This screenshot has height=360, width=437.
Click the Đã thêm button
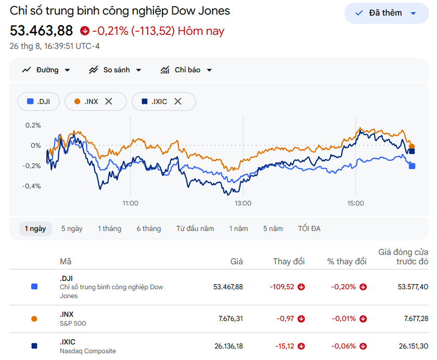tap(387, 13)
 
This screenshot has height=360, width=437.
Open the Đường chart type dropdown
tap(46, 70)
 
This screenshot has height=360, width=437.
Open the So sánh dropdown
tap(115, 70)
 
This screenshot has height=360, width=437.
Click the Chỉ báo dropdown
tap(186, 70)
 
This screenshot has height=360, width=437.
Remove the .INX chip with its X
tap(109, 101)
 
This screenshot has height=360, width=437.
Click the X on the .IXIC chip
tap(178, 101)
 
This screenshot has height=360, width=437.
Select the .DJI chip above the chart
tap(38, 101)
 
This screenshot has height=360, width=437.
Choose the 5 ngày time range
tap(72, 229)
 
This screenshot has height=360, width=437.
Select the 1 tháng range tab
tap(110, 229)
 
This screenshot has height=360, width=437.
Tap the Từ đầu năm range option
tap(195, 229)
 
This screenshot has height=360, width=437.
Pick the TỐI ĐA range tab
tap(309, 229)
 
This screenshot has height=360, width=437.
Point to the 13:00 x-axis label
tap(243, 203)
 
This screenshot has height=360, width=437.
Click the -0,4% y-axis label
tap(32, 186)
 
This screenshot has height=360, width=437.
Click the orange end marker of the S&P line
tap(412, 147)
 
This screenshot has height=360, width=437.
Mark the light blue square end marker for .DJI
tap(412, 166)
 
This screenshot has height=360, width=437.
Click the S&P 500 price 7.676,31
tap(231, 318)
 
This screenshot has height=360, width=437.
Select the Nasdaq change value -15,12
tap(285, 346)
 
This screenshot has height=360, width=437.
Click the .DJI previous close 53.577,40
tap(413, 287)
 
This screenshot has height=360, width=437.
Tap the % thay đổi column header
tap(346, 261)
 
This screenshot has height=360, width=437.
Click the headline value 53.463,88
tap(41, 31)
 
